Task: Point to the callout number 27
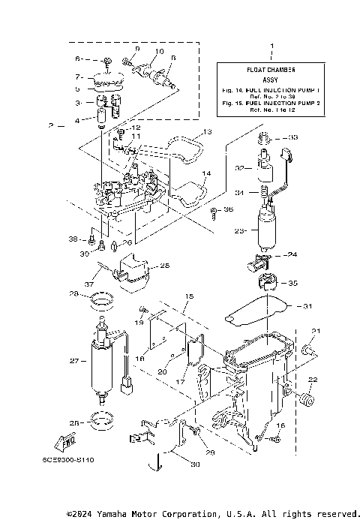pos(74,362)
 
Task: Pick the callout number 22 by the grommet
pos(313,379)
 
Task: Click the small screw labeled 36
pos(214,210)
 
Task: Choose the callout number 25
pos(164,265)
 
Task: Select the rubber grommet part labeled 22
pos(307,398)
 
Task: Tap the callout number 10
pos(160,51)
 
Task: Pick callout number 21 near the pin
pos(316,331)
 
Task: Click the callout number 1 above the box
pos(271,47)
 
